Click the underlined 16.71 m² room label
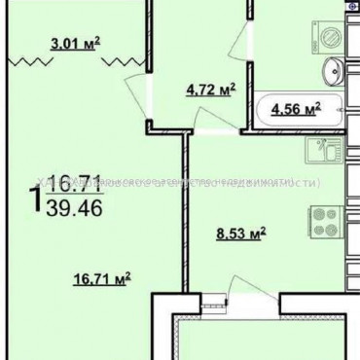pyautogui.click(x=101, y=279)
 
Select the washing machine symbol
pyautogui.click(x=332, y=32)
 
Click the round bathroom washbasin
pyautogui.click(x=334, y=69)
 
